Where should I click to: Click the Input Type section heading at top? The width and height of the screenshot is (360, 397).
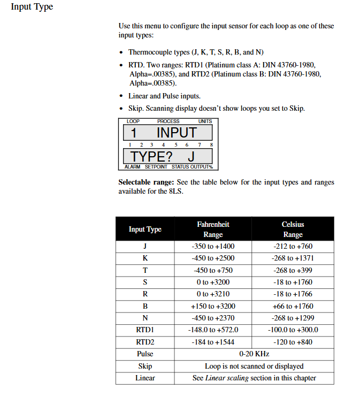(32, 7)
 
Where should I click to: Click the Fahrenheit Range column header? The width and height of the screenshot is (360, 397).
(213, 229)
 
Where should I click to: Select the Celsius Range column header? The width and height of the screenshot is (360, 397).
(293, 229)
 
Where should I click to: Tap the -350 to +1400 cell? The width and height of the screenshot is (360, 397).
(213, 247)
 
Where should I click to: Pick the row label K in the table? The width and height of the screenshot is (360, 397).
(145, 258)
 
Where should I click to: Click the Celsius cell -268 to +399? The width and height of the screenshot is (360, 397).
(293, 270)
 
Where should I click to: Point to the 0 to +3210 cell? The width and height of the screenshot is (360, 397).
(213, 294)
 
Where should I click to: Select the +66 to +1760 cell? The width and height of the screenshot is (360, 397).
(293, 306)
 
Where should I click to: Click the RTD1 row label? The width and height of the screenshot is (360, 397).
(145, 330)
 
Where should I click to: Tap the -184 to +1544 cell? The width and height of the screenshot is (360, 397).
(213, 342)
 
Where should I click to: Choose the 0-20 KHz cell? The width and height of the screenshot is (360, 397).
(254, 354)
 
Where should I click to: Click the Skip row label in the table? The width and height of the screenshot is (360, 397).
(145, 366)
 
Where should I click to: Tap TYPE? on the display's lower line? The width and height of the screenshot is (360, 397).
(152, 157)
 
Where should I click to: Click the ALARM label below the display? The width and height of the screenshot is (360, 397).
(132, 167)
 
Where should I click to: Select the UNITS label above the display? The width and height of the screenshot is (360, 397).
(205, 121)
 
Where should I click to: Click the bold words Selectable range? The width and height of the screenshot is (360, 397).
(146, 182)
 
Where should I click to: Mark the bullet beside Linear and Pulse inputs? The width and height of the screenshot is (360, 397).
(122, 97)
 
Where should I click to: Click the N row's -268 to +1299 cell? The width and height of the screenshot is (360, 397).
(293, 318)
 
